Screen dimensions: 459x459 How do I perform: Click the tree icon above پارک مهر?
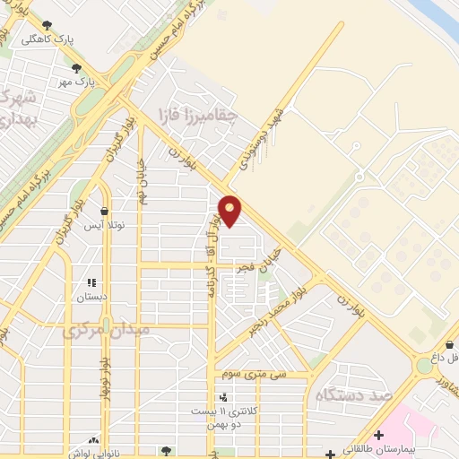(76, 66)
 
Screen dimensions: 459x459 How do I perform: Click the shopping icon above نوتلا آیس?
(105, 212)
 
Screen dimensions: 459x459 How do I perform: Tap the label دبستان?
(91, 296)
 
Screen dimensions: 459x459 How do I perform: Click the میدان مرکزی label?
(105, 330)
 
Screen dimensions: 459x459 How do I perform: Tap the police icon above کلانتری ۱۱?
(222, 397)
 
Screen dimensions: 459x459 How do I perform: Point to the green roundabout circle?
(422, 366)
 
